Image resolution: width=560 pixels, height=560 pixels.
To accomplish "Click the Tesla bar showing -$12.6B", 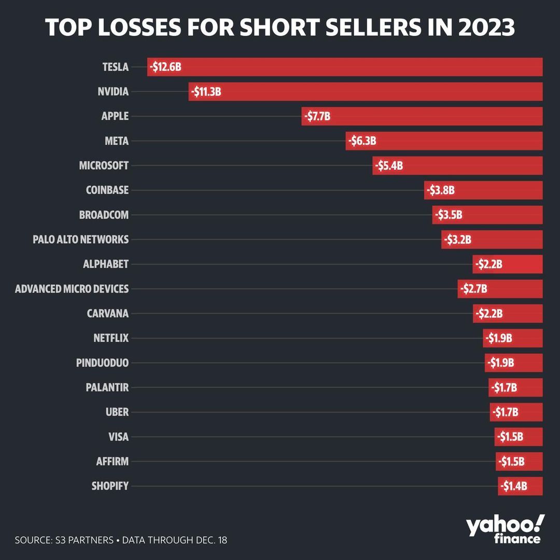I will click(x=345, y=67).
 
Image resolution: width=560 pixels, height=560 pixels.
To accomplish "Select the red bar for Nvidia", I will click(x=366, y=92).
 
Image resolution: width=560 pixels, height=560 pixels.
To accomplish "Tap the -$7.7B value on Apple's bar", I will click(x=316, y=117).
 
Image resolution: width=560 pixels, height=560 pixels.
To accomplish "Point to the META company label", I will click(x=116, y=141).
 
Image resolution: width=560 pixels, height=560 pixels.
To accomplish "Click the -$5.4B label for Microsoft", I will click(x=388, y=166).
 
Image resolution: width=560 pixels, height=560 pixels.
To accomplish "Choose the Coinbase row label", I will click(x=107, y=190).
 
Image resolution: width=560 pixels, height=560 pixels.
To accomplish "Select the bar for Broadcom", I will click(x=487, y=215).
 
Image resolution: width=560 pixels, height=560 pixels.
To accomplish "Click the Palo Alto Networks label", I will click(x=80, y=240).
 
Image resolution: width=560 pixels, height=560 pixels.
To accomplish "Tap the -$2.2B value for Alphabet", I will click(x=488, y=264).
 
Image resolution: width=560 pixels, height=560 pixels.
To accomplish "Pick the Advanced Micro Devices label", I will click(x=72, y=289).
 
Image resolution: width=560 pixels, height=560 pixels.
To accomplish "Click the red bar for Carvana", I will click(x=508, y=314).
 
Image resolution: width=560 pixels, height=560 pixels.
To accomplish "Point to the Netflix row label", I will click(x=110, y=338).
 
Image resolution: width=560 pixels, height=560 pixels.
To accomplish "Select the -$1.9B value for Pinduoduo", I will click(x=500, y=363).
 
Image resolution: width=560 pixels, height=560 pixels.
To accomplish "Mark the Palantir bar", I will click(x=515, y=387).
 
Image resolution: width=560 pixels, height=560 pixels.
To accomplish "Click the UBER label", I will click(x=117, y=412).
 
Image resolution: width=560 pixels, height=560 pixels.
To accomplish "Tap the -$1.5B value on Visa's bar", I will click(x=509, y=437).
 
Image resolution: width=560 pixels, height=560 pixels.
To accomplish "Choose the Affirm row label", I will click(x=112, y=461).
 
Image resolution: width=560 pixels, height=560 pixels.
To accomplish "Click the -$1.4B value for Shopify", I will click(x=513, y=486).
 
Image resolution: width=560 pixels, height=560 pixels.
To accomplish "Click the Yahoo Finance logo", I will click(x=505, y=529).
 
